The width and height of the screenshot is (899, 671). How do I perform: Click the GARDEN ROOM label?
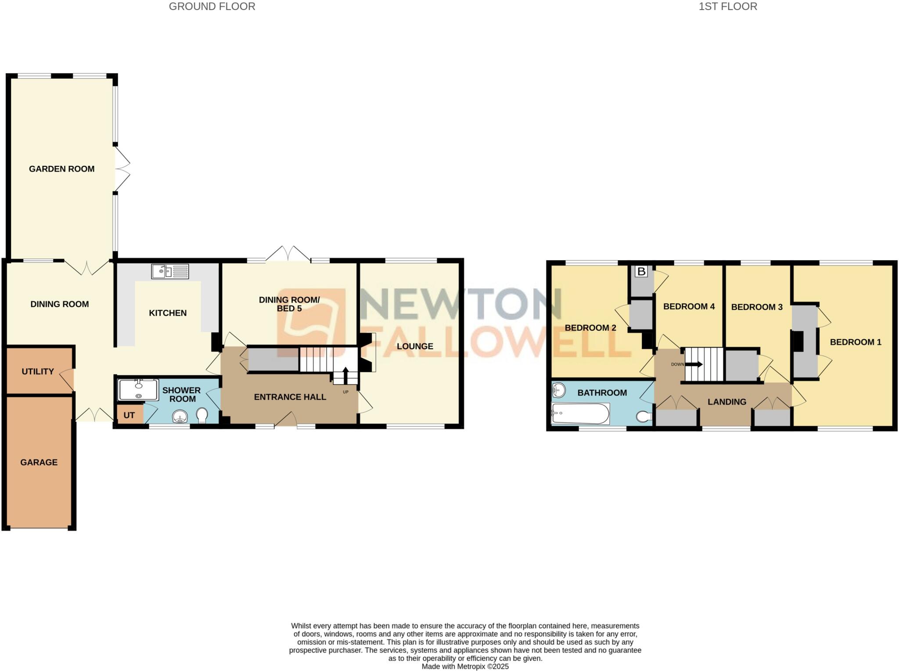61,169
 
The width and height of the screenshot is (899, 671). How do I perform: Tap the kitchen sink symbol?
170,272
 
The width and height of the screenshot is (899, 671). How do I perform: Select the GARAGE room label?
39,462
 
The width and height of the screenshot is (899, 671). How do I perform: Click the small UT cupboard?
129,415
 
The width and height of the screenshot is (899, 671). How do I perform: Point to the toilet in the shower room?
202,415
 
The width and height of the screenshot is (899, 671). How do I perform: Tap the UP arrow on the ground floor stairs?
345,375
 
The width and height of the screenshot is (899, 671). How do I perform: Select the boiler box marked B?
641,272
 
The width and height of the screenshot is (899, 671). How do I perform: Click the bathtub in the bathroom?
580,414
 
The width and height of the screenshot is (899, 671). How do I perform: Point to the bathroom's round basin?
559,390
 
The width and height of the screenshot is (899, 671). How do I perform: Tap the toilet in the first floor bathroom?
644,416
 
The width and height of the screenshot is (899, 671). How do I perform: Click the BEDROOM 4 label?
689,306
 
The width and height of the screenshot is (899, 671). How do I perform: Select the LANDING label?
727,402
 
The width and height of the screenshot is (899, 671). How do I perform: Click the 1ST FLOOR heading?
728,7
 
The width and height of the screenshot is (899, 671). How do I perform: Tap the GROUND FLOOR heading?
212,7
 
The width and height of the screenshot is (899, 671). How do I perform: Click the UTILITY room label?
38,371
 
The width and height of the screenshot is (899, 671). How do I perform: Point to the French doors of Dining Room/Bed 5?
288,254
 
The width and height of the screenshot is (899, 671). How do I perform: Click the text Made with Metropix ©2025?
465,666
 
